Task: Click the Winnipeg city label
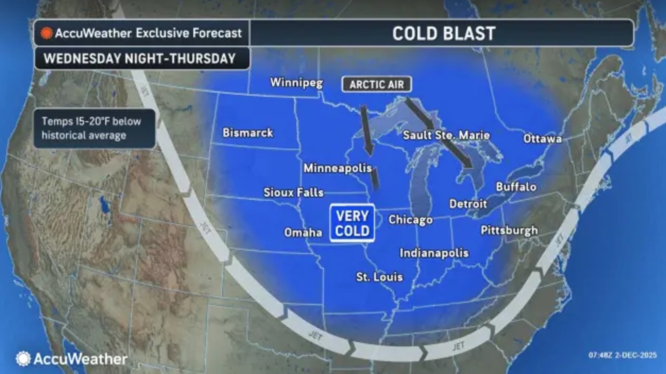pyautogui.click(x=297, y=83)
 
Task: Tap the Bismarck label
pyautogui.click(x=248, y=133)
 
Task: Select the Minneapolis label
pyautogui.click(x=338, y=168)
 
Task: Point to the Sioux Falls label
pyautogui.click(x=293, y=192)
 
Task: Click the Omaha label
pyautogui.click(x=303, y=233)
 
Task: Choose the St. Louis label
pyautogui.click(x=379, y=277)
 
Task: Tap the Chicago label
pyautogui.click(x=411, y=220)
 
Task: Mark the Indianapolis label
pyautogui.click(x=434, y=253)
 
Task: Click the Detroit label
pyautogui.click(x=468, y=204)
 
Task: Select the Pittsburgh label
pyautogui.click(x=509, y=230)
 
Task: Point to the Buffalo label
pyautogui.click(x=516, y=186)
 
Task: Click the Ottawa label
pyautogui.click(x=543, y=138)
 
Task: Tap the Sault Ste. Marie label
pyautogui.click(x=446, y=135)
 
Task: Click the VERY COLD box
pyautogui.click(x=352, y=223)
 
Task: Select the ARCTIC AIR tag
pyautogui.click(x=377, y=84)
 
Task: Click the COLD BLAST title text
pyautogui.click(x=443, y=33)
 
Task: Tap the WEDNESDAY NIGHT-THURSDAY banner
pyautogui.click(x=140, y=58)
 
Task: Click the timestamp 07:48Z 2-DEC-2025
pyautogui.click(x=623, y=355)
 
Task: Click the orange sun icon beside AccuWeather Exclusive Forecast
pyautogui.click(x=47, y=33)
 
